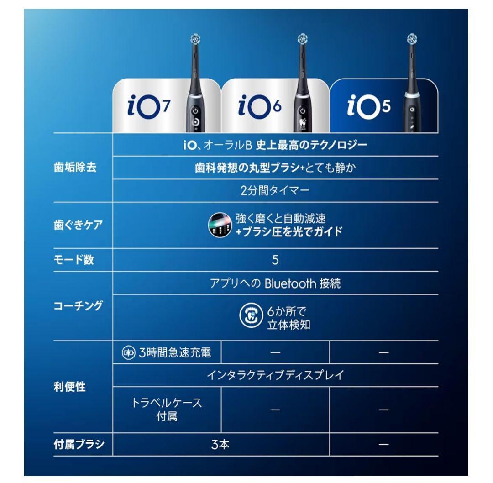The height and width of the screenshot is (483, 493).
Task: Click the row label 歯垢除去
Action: pos(75,168)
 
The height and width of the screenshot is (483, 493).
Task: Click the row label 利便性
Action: pos(69,387)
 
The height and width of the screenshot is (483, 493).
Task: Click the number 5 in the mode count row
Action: pos(275,260)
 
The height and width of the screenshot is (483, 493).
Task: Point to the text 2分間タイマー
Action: pos(275,191)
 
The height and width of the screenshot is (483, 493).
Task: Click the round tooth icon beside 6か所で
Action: pos(251,317)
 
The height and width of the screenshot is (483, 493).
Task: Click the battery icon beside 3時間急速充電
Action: pos(128,353)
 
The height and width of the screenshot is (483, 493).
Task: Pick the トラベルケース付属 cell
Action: pos(167,409)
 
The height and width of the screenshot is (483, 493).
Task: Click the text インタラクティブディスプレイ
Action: pos(275,375)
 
